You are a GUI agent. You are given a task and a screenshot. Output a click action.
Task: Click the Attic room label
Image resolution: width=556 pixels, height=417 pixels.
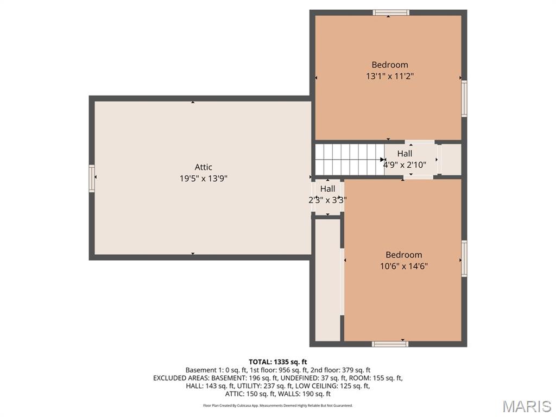[203, 167]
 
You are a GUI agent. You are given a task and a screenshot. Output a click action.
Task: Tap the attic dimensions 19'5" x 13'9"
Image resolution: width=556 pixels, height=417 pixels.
[203, 178]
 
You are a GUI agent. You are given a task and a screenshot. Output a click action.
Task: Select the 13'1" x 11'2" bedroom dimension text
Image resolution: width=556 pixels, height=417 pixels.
[390, 76]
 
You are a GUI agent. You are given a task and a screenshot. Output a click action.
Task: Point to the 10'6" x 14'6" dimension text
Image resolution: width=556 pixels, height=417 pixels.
[404, 266]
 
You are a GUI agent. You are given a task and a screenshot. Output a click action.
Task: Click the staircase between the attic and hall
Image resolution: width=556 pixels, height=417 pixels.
[350, 160]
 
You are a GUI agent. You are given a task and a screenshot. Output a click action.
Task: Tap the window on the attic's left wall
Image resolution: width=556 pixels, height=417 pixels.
[92, 178]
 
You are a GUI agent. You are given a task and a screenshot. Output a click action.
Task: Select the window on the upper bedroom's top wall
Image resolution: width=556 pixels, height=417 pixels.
[391, 13]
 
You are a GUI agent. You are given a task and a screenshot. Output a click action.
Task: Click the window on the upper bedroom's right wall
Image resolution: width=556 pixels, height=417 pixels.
[464, 99]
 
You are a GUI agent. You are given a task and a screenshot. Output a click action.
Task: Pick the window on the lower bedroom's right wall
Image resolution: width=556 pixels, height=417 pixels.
[464, 258]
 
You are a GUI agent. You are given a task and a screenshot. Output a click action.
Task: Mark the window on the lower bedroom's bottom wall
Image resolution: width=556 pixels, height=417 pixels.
[390, 344]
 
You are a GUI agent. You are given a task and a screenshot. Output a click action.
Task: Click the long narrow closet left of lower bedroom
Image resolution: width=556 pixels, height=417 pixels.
[328, 280]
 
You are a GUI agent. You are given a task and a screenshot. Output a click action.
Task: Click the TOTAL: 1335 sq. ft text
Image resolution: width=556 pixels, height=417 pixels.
[277, 362]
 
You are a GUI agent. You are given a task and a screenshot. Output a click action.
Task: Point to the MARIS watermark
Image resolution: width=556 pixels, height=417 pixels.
[527, 406]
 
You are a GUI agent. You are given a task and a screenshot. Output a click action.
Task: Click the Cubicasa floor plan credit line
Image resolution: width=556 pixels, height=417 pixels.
[277, 405]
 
